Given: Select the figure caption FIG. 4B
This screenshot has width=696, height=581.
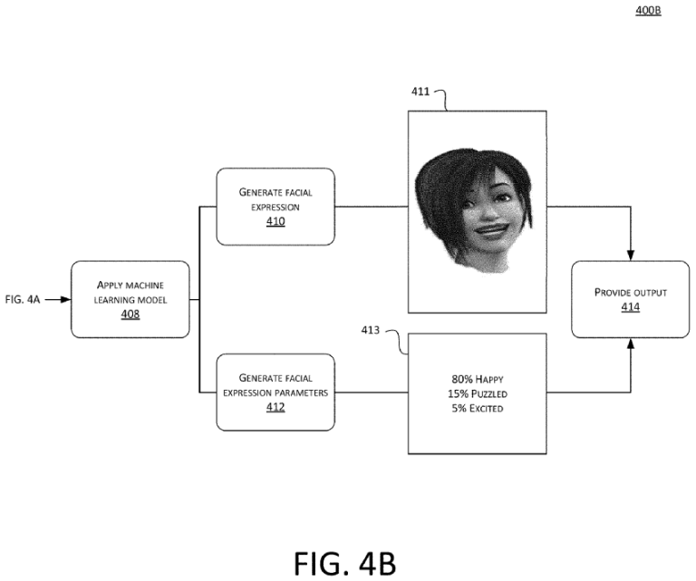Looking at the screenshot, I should tap(345, 562).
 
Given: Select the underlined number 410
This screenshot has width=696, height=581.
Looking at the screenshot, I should tap(275, 220).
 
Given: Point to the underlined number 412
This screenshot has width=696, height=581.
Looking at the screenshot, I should tap(275, 408).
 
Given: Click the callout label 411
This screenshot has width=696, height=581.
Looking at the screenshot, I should tap(421, 92).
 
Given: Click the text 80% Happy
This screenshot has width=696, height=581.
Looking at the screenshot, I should tap(478, 377).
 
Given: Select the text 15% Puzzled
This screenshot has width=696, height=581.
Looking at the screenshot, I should tap(478, 393).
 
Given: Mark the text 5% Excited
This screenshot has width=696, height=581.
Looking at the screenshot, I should tap(478, 409).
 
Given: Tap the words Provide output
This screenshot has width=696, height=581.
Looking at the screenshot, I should tap(631, 293).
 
